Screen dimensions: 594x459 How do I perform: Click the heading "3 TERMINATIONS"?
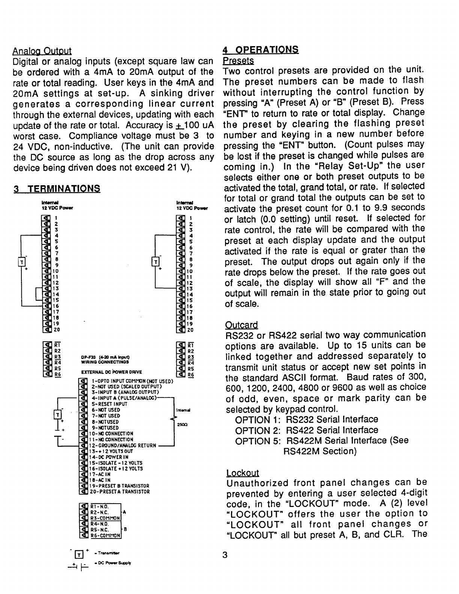[x=57, y=189]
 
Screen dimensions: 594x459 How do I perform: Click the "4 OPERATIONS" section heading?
[x=261, y=49]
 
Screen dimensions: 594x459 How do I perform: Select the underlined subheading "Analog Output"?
[x=42, y=51]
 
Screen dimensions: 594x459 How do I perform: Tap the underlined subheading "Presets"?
[x=238, y=60]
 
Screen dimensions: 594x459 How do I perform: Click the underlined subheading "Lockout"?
[x=243, y=473]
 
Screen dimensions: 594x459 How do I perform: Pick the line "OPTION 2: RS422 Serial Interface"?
[x=306, y=430]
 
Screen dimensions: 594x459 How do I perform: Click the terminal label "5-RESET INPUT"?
[x=109, y=404]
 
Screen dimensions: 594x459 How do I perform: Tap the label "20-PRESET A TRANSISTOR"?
[x=120, y=492]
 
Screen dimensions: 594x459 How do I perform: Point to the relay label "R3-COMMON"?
[x=105, y=518]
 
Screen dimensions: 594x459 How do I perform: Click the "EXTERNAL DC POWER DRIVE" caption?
[x=111, y=372]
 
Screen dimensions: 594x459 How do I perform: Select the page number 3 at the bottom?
[x=225, y=555]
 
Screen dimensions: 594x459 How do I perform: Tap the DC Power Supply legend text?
[x=111, y=563]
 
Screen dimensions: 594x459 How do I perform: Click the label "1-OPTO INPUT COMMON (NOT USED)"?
[x=132, y=381]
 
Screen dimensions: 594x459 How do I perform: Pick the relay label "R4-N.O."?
[x=99, y=524]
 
